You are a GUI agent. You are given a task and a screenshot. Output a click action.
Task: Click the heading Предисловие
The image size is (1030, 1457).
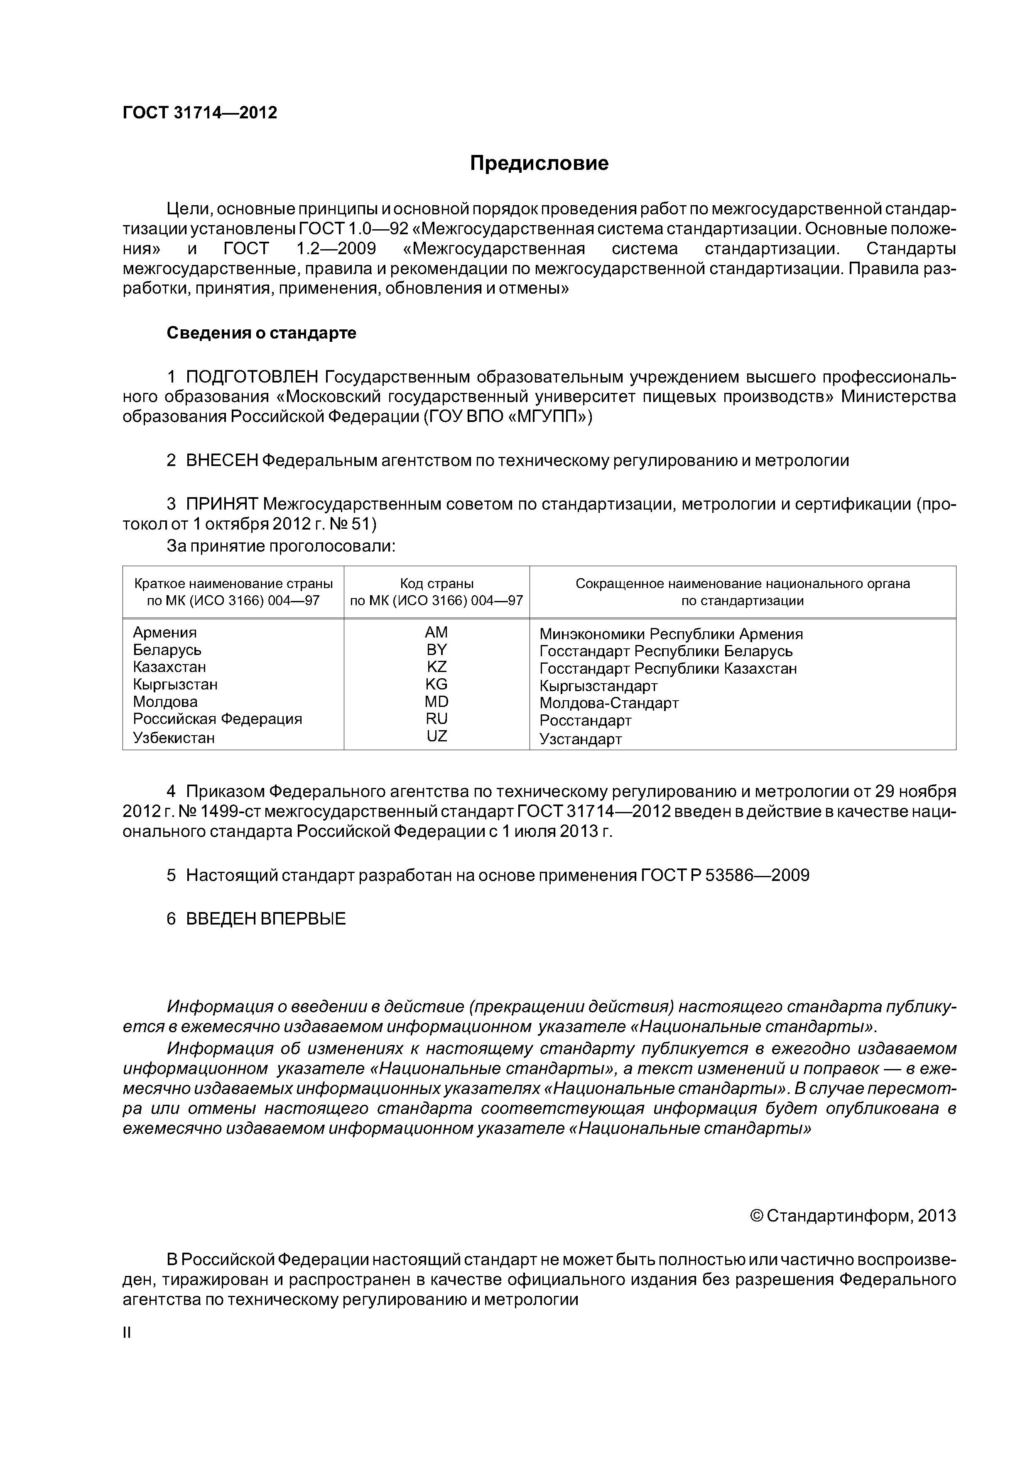point(539,164)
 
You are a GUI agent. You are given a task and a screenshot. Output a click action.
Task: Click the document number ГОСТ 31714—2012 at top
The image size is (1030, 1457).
point(200,113)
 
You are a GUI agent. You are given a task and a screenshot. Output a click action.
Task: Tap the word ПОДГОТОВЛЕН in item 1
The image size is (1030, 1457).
point(251,377)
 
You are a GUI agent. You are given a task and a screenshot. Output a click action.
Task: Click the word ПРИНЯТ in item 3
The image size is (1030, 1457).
point(221,505)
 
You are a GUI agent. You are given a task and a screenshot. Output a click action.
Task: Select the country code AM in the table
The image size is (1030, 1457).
point(436,632)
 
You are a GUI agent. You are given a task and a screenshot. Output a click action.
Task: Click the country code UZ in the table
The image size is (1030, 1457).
point(436,736)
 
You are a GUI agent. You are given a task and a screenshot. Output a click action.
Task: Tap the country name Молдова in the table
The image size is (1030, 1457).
point(165,702)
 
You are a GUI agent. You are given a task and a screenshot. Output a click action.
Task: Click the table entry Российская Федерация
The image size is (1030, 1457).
point(217,719)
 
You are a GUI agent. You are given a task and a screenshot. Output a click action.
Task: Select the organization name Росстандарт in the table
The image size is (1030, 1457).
point(585,721)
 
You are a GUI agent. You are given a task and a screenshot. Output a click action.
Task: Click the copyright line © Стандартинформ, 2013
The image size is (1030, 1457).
point(852,1216)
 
